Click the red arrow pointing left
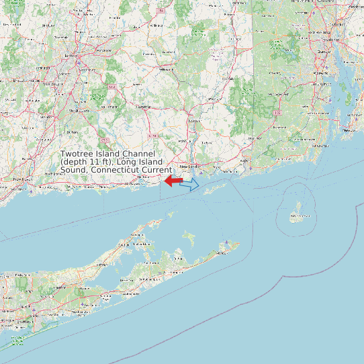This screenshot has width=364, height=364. (x=173, y=181)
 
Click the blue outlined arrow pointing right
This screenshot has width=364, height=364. (x=190, y=184)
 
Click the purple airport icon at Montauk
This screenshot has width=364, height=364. (x=228, y=242)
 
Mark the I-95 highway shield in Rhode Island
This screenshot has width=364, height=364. (x=277, y=113)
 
